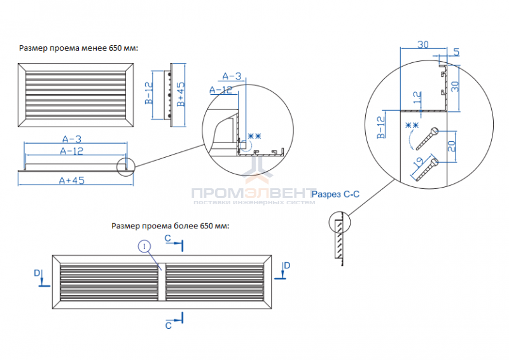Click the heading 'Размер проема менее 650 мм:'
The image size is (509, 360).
[79, 48]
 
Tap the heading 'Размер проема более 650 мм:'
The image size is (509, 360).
[170, 226]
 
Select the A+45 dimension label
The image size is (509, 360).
[72, 180]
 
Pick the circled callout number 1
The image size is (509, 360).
[145, 246]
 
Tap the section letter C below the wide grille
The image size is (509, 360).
[168, 325]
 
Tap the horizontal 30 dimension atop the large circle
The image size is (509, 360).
[422, 44]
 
